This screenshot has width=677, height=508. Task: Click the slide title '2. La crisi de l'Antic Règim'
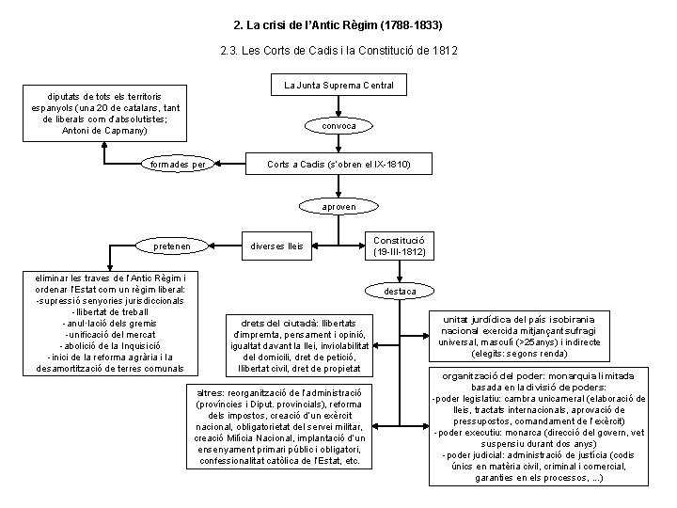[338, 21]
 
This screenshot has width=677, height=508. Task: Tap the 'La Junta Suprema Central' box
[338, 86]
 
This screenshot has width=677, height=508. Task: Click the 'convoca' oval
[338, 125]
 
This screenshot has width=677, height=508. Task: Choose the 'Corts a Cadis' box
[338, 165]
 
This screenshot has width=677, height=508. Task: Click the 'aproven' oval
[338, 206]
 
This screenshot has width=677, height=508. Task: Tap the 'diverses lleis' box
[277, 246]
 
